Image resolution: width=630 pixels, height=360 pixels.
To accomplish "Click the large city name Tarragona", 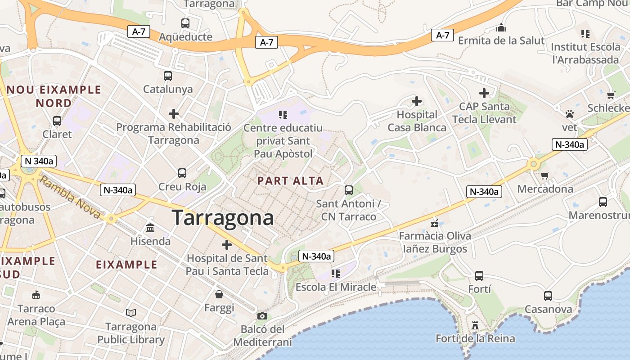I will tap(223, 218).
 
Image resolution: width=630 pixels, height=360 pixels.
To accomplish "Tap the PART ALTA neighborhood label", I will tap(290, 181).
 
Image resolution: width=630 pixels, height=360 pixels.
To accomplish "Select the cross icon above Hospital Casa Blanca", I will tap(417, 101).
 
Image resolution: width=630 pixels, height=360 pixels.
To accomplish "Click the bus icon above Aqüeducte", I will tap(185, 23).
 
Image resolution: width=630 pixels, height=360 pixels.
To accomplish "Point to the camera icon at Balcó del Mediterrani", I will tap(262, 316).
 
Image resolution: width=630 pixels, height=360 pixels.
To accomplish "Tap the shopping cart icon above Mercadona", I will tap(545, 175).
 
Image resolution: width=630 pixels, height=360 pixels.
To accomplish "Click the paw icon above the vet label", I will tap(570, 114).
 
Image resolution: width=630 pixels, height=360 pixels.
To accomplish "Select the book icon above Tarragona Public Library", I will tap(131, 312).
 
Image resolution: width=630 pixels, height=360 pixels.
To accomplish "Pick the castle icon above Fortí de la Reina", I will tap(475, 325).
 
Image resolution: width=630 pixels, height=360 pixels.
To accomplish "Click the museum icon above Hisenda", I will tap(150, 228).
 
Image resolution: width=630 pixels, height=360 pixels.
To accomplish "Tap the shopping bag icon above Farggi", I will tap(219, 294).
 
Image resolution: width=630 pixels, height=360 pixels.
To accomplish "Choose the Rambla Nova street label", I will tap(70, 197).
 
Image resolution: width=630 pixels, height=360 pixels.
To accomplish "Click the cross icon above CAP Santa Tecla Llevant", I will tap(484, 93).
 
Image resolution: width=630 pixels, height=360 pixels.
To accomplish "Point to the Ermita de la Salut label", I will tap(501, 40).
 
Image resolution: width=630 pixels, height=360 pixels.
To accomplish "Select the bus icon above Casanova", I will tap(548, 296).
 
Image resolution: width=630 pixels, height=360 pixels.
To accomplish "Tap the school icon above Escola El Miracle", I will tap(335, 273).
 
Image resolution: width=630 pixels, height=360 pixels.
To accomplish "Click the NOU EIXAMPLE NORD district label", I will tap(54, 96).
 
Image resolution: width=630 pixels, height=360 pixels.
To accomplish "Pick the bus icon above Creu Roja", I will tap(182, 173).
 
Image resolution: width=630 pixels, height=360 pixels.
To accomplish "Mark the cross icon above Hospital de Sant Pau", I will tap(227, 245).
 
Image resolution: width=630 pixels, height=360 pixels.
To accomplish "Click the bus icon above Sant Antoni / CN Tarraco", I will tap(349, 190).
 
